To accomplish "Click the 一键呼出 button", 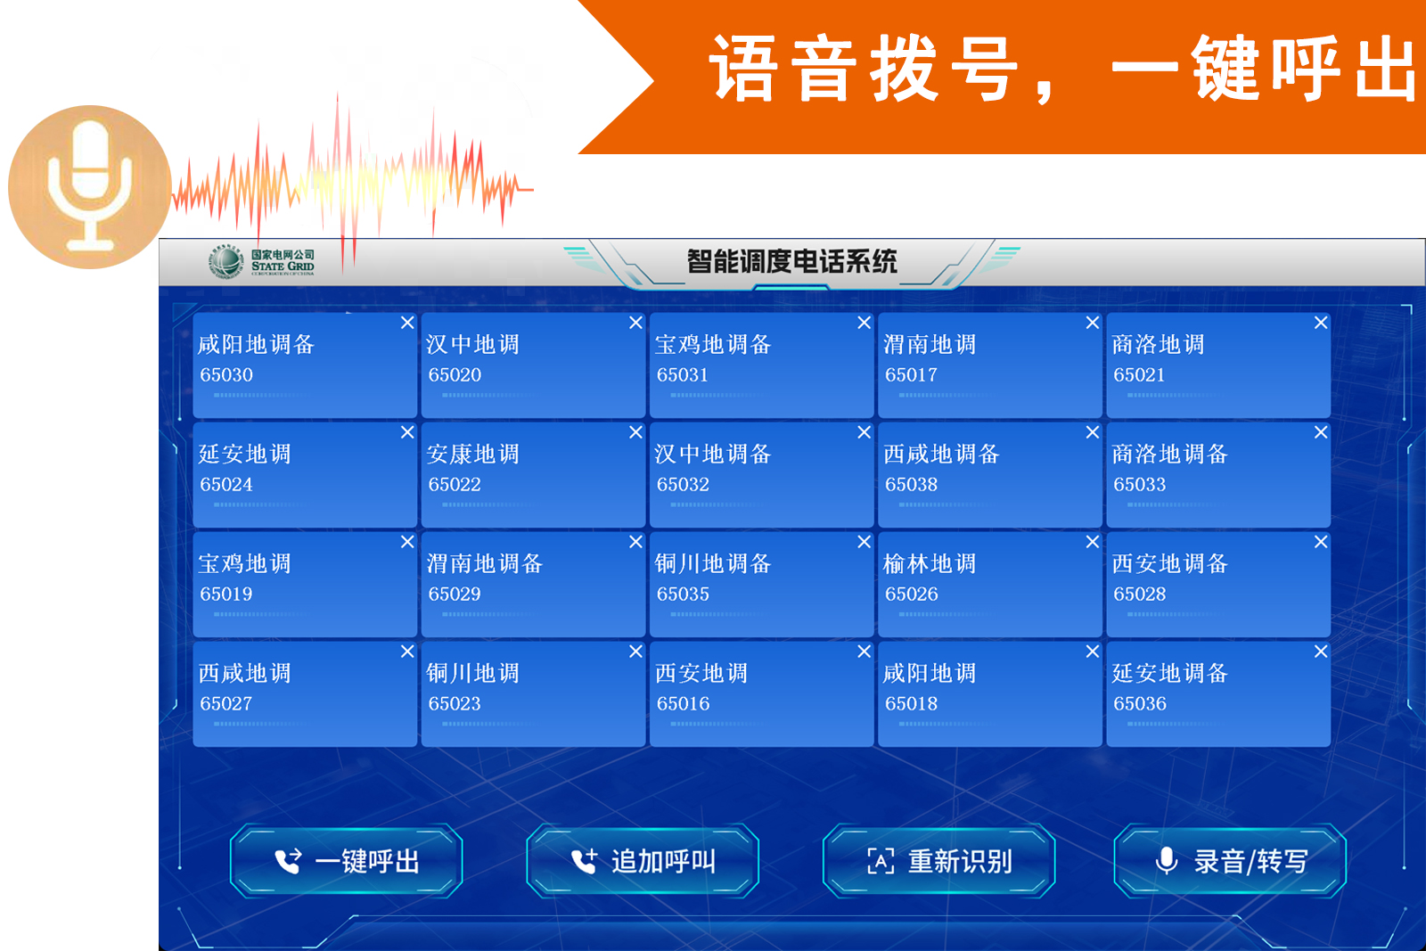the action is coord(347,861).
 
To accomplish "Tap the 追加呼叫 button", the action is coord(643,861).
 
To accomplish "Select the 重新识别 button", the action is coord(939,861).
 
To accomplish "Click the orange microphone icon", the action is coord(90,186).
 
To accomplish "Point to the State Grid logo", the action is coord(262,262).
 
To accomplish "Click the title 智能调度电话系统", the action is coord(792,262).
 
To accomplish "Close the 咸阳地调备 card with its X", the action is coord(407,323).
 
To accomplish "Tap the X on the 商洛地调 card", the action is coord(1321,323).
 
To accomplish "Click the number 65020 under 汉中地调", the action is coord(455,375).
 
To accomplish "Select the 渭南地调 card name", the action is coord(930,344).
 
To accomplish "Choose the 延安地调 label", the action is coord(244,454).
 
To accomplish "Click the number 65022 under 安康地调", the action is coord(455,484).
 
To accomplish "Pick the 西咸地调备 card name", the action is coord(941,454).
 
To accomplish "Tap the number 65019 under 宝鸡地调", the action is coord(226,594).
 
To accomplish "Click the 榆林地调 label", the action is coord(930,563).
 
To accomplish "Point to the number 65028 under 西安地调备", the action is coord(1140,594).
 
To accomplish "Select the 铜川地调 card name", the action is coord(473,673).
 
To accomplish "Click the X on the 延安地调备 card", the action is coord(1321,652).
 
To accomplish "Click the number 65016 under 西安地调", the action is coord(683,703).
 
